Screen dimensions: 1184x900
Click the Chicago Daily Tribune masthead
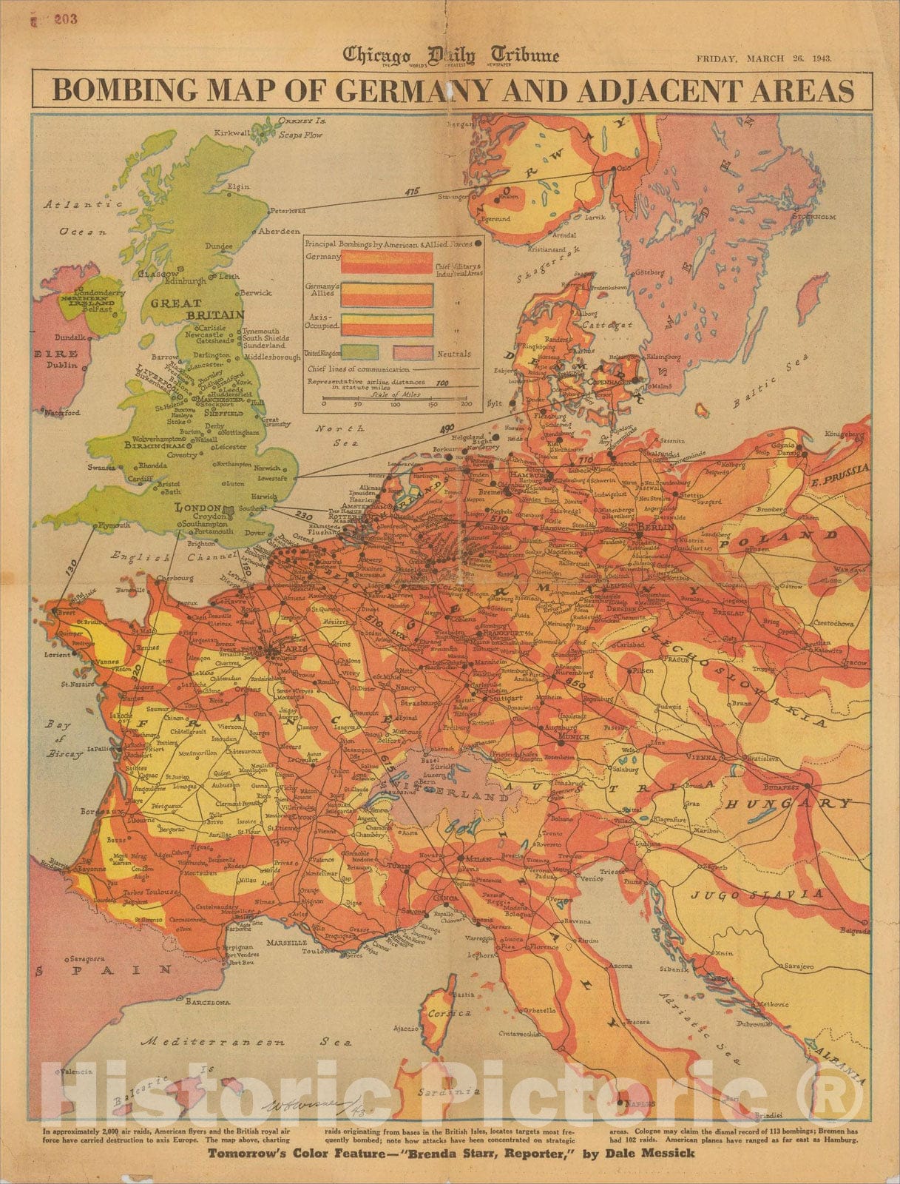[450, 55]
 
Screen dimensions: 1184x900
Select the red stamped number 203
[65, 19]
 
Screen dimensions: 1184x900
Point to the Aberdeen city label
[280, 232]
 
